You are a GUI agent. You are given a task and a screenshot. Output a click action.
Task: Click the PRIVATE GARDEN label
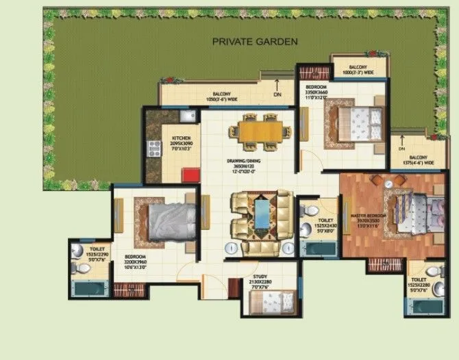(x=255, y=42)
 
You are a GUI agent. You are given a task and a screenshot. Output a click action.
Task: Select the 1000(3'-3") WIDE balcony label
(x=359, y=70)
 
